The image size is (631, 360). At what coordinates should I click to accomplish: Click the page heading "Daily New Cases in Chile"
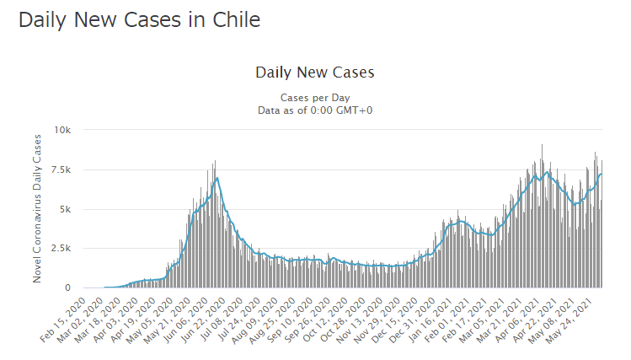pos(139,19)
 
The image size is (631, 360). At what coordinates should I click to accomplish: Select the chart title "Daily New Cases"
pos(314,73)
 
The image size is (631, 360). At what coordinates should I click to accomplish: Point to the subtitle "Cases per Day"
pos(314,97)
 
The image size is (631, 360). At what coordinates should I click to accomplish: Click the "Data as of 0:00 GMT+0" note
pos(314,110)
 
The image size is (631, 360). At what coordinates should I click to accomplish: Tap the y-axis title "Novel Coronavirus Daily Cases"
pos(38,210)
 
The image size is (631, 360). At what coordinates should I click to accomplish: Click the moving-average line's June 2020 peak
pos(217,178)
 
